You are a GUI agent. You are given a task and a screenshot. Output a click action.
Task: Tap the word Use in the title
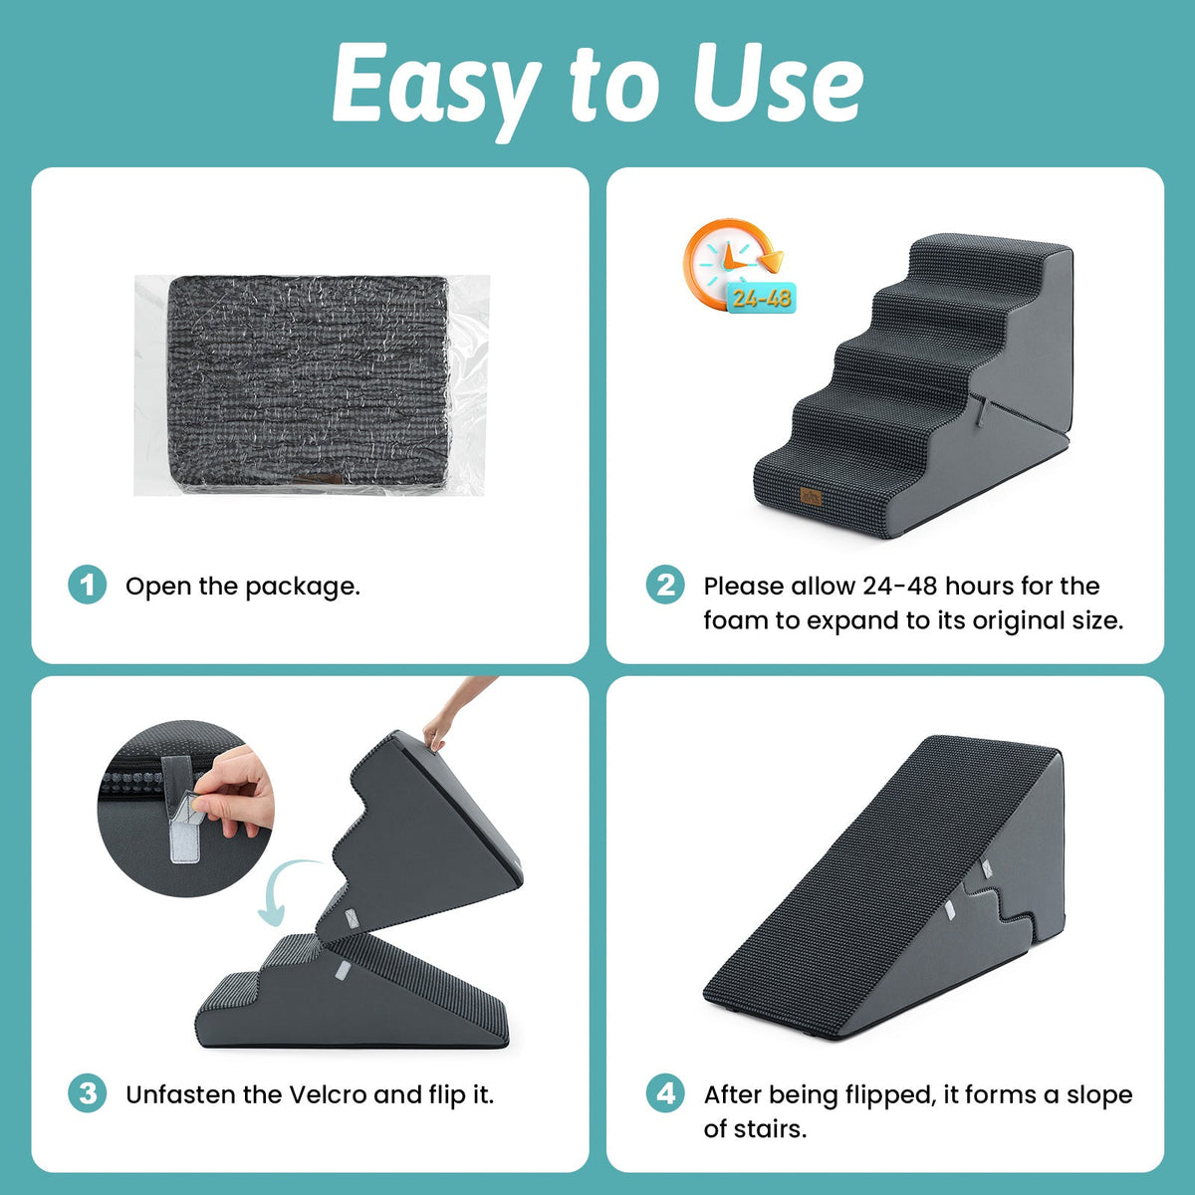pyautogui.click(x=778, y=84)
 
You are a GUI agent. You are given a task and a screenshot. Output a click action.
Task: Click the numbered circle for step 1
pyautogui.click(x=88, y=585)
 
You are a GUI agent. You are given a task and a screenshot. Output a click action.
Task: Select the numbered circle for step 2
pyautogui.click(x=665, y=585)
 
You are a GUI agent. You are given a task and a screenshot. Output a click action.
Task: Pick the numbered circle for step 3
pyautogui.click(x=88, y=1093)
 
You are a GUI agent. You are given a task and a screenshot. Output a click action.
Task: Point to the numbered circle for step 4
pyautogui.click(x=665, y=1093)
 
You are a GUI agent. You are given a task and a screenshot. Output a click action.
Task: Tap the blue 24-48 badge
pyautogui.click(x=762, y=299)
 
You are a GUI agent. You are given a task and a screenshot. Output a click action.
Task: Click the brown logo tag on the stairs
pyautogui.click(x=810, y=496)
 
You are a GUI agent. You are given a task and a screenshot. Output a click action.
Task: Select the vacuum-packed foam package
pyautogui.click(x=312, y=385)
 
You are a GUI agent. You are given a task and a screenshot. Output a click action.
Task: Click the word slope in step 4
pyautogui.click(x=1098, y=1095)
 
